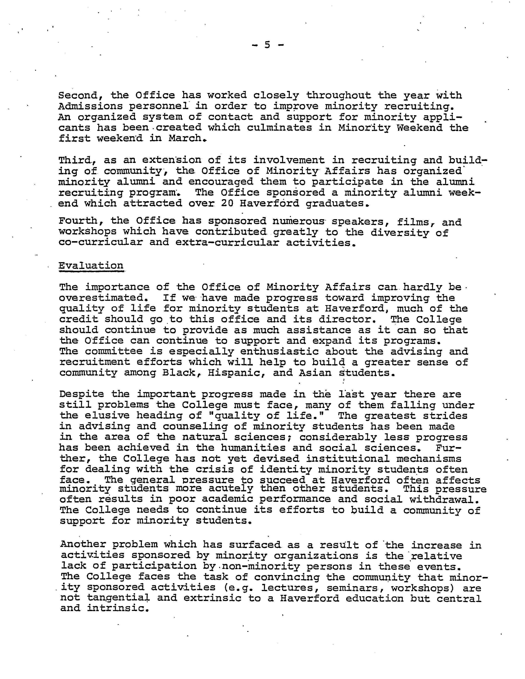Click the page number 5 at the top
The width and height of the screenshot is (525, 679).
click(267, 45)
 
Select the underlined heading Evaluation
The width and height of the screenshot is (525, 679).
click(91, 266)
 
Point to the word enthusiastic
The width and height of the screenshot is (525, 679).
click(279, 352)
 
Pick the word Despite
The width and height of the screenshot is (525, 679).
click(82, 394)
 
